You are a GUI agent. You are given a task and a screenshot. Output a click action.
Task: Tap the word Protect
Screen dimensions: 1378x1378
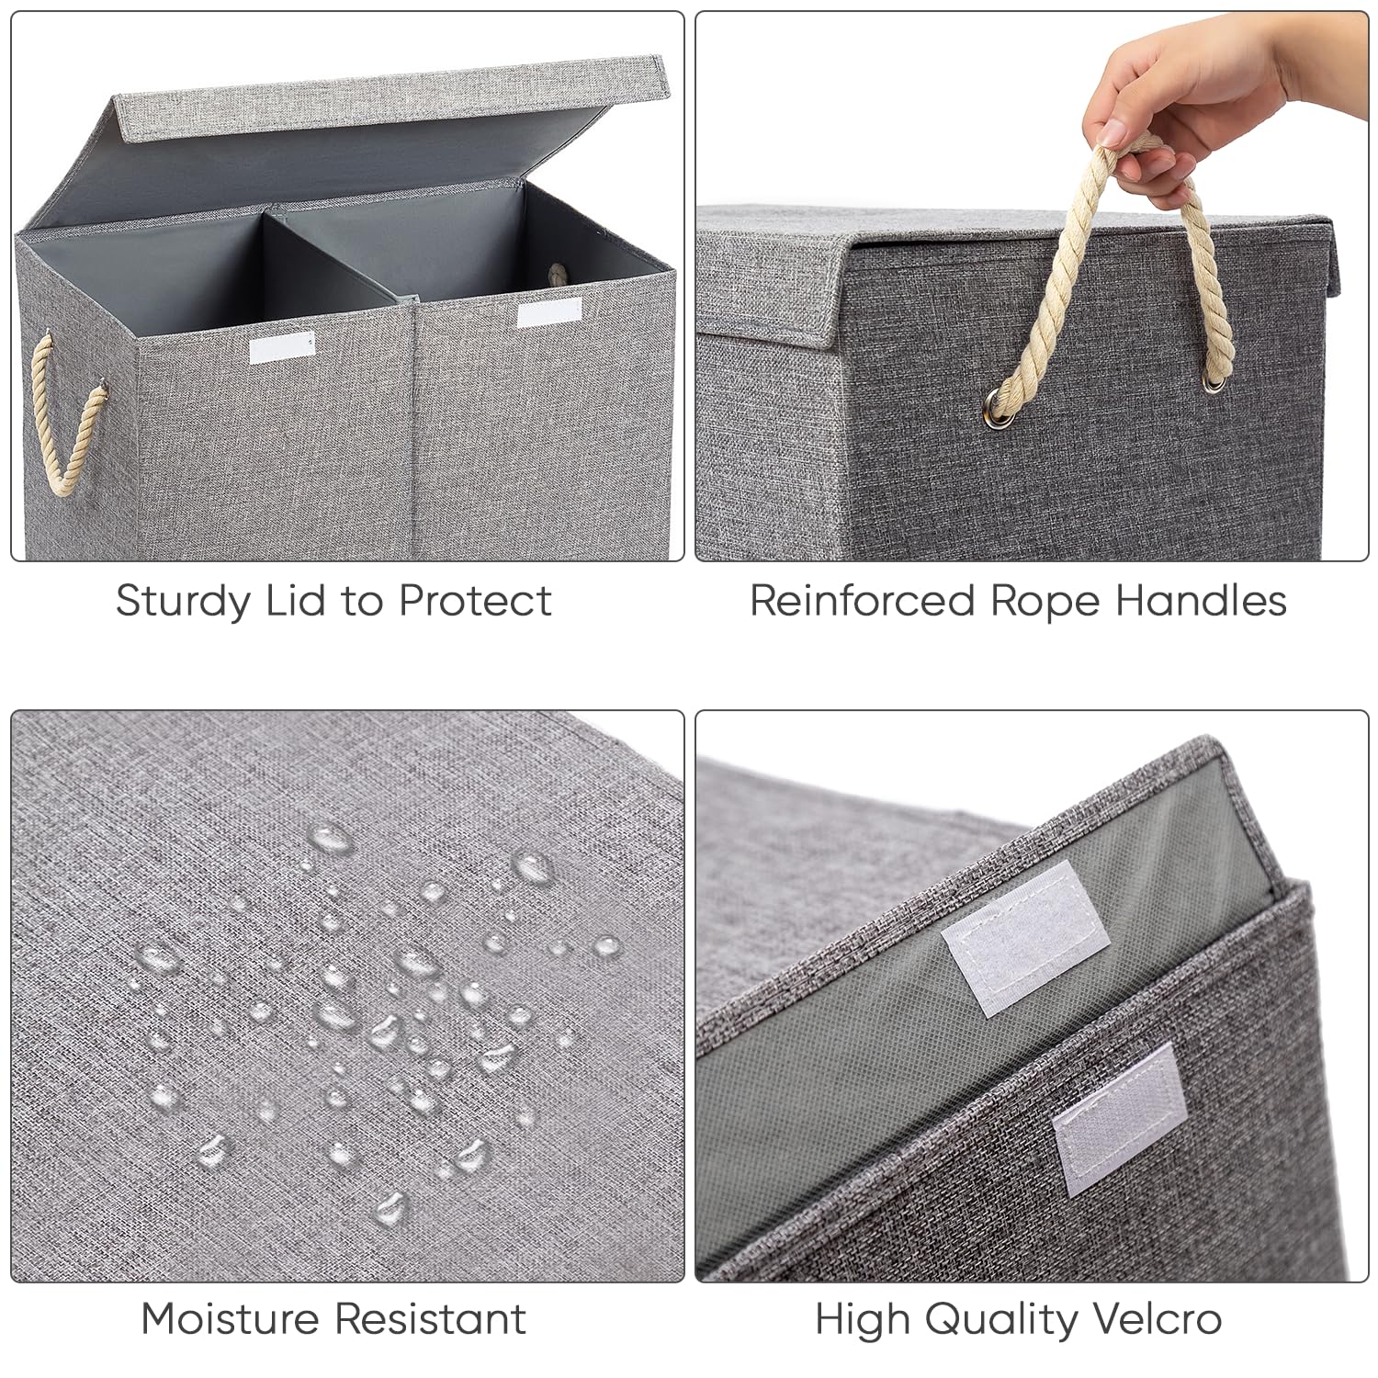click(475, 601)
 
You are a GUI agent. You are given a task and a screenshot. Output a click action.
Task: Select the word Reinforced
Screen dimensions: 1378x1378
click(862, 601)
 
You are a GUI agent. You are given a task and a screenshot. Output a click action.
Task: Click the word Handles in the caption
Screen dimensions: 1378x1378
click(1201, 601)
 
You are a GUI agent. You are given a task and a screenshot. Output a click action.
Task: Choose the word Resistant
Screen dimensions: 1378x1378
click(430, 1319)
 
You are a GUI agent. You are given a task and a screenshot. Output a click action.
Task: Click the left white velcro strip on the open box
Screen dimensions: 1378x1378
click(279, 349)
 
